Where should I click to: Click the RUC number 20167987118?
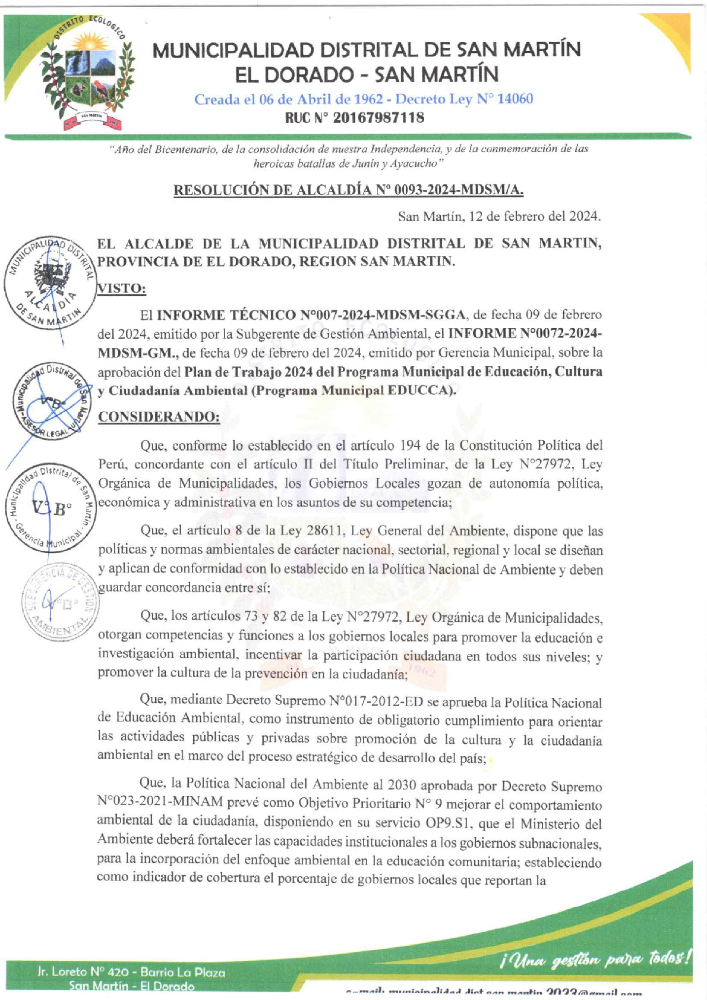pos(378,118)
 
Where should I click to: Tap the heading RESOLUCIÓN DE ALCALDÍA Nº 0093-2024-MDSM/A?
pos(349,190)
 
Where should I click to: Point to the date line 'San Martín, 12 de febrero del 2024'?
pos(499,216)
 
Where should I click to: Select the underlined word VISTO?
pos(122,288)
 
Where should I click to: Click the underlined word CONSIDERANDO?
pos(159,417)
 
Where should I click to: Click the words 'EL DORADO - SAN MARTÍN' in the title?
pos(367,75)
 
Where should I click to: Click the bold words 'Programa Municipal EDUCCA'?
pos(348,391)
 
